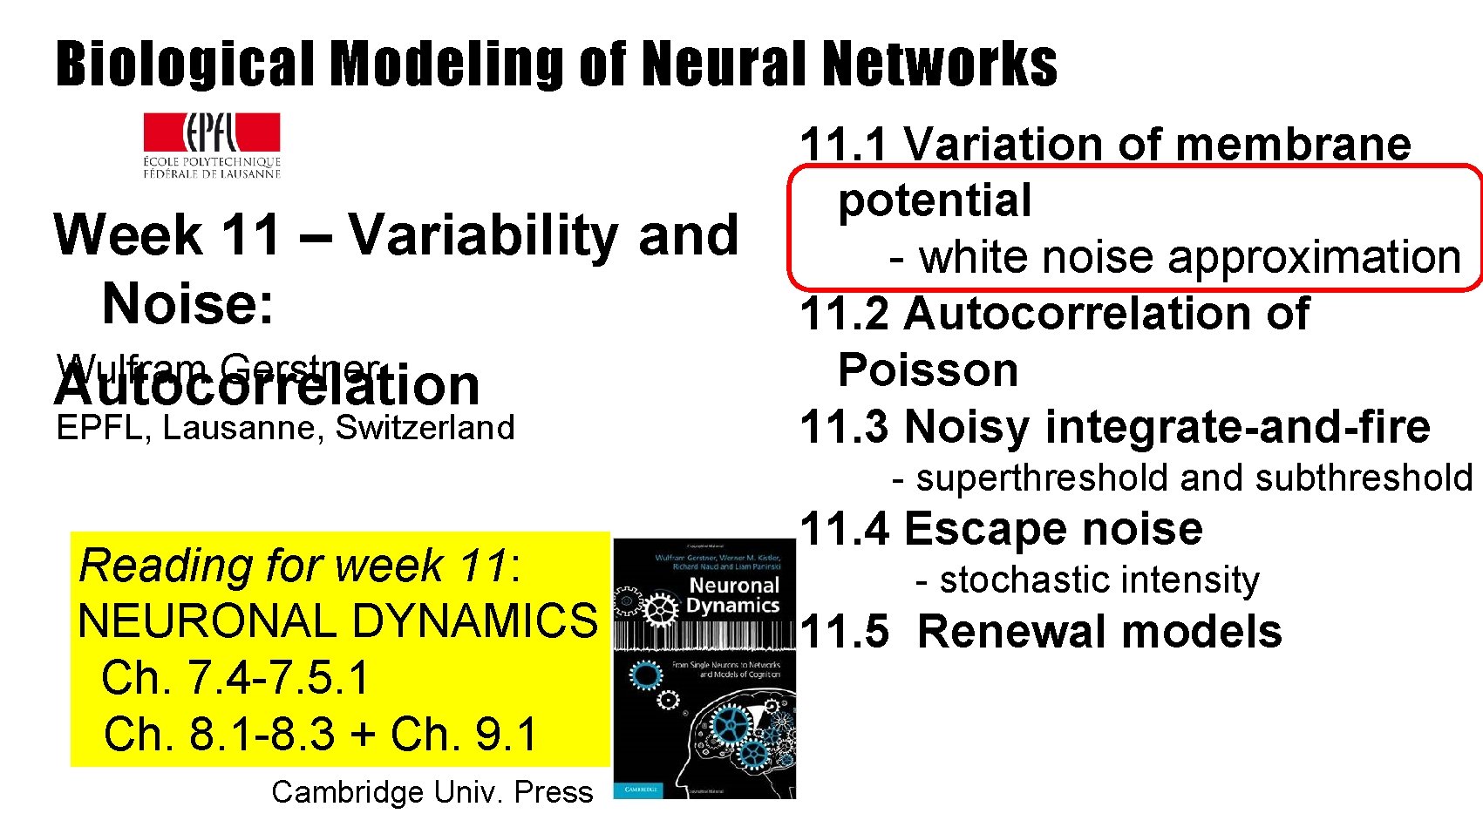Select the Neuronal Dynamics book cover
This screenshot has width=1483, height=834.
(x=704, y=668)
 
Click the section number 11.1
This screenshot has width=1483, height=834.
(x=844, y=145)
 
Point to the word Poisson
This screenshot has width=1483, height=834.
(x=928, y=370)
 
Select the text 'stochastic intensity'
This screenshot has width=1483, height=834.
(x=1099, y=580)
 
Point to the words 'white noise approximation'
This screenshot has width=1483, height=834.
(x=1190, y=258)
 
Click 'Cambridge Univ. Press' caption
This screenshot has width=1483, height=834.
(x=432, y=792)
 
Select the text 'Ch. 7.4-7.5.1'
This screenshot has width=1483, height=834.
(x=235, y=678)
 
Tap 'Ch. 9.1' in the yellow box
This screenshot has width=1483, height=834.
(x=463, y=735)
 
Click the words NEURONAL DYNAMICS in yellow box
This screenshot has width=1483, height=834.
(x=338, y=621)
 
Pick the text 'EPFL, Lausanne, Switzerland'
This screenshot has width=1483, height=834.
(x=285, y=428)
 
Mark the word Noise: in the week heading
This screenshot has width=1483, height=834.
(x=188, y=304)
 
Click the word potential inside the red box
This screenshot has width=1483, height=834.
(x=935, y=201)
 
